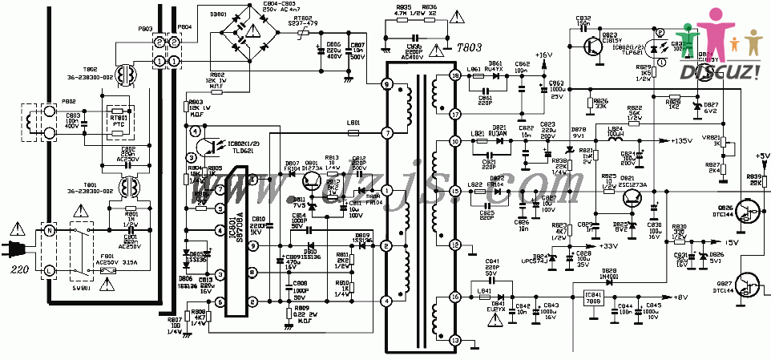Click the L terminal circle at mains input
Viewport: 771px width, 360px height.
click(49, 270)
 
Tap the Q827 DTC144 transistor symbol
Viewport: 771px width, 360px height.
click(749, 286)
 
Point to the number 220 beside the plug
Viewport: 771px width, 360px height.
click(19, 271)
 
